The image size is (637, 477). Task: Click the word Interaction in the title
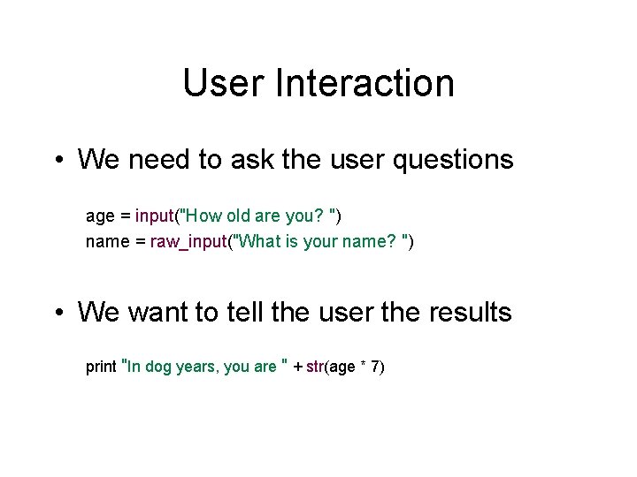tap(365, 83)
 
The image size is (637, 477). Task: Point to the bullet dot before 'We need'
tap(56, 161)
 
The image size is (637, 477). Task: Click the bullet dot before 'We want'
tap(56, 313)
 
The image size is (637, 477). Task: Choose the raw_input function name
tap(188, 241)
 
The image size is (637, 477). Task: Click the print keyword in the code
tap(100, 367)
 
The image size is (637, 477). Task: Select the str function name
tap(314, 367)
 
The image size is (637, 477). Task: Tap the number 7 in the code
tap(376, 367)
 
